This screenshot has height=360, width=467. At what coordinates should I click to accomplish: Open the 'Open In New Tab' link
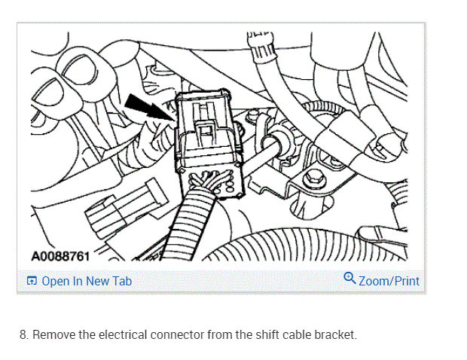tap(86, 281)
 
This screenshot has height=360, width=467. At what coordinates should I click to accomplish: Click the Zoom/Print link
tap(389, 281)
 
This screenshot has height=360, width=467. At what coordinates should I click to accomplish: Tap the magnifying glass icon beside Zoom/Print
tap(349, 279)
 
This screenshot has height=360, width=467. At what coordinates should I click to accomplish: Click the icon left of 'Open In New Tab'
tap(31, 282)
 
